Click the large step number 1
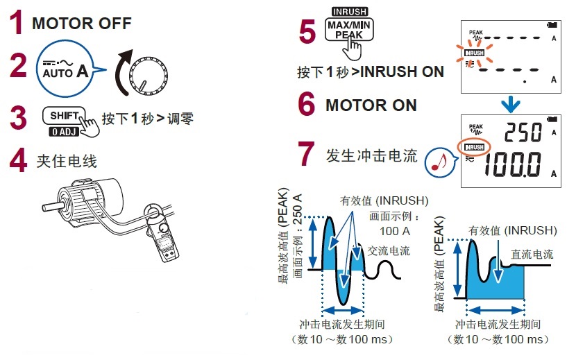pos(16,23)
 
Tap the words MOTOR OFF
pos(81,23)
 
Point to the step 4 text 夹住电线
pos(67,162)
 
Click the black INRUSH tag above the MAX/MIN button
pos(350,12)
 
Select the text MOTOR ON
pos(371,105)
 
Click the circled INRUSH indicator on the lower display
pos(475,148)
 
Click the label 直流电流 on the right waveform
pos(532,255)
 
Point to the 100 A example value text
pos(393,230)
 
